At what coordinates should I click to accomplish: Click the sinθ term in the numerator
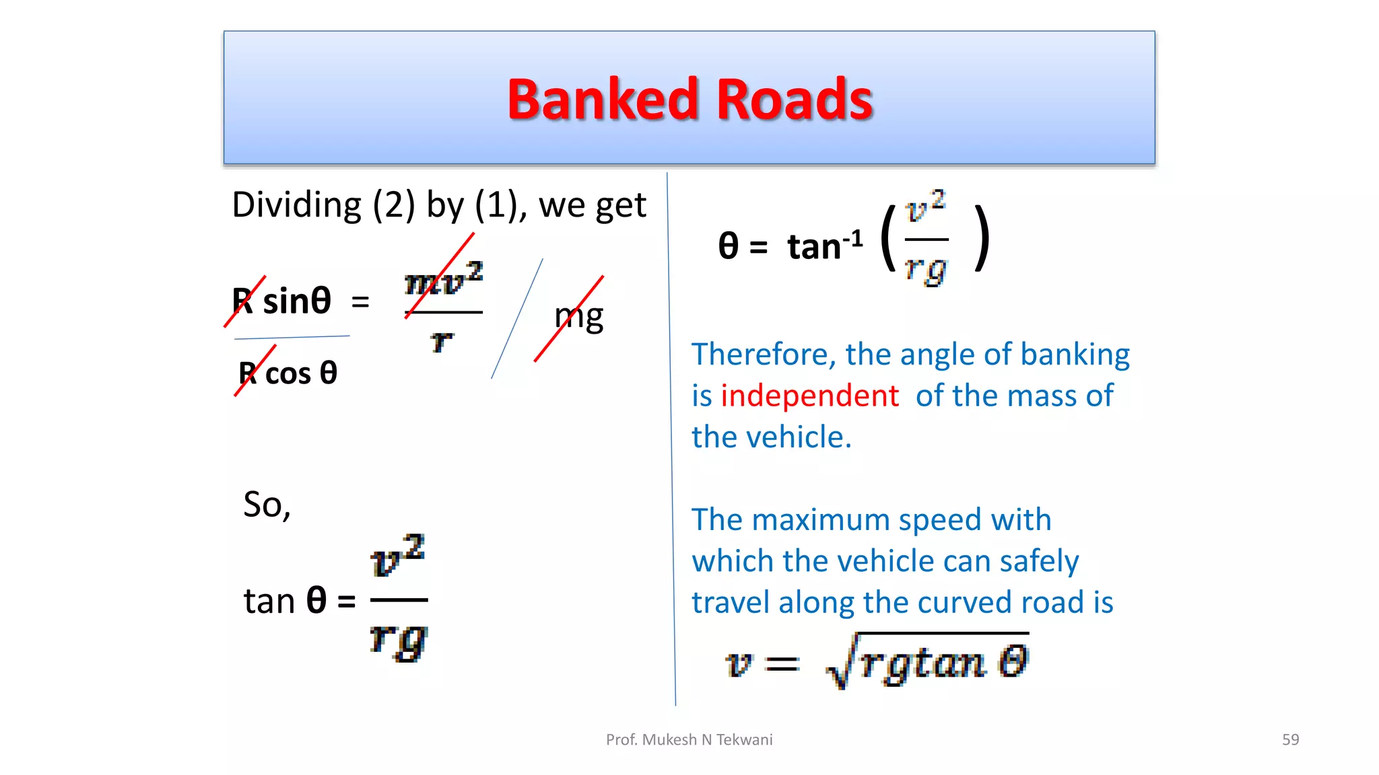pyautogui.click(x=297, y=301)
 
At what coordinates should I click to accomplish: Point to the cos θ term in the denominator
pyautogui.click(x=301, y=373)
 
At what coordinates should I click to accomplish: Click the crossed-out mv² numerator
pyautogui.click(x=443, y=279)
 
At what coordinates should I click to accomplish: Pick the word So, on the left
pyautogui.click(x=267, y=505)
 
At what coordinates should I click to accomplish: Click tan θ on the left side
pyautogui.click(x=285, y=600)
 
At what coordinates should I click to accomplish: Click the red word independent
pyautogui.click(x=809, y=396)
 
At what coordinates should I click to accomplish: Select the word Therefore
pyautogui.click(x=764, y=355)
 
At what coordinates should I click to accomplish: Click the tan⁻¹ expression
pyautogui.click(x=825, y=246)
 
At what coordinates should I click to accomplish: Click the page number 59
pyautogui.click(x=1290, y=739)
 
